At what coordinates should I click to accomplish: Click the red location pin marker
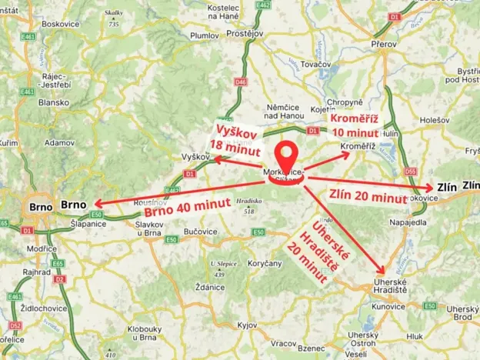[x=287, y=159]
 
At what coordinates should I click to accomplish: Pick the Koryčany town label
[x=265, y=263]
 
